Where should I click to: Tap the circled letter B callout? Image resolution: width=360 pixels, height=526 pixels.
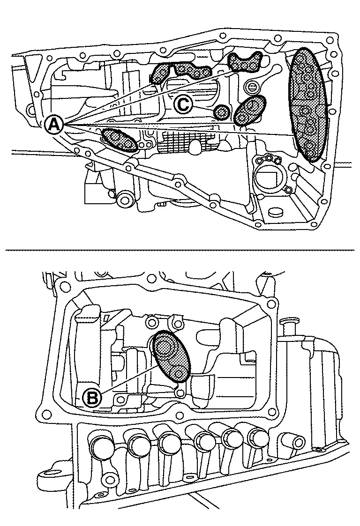(x=92, y=398)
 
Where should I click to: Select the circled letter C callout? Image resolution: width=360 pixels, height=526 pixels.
(x=183, y=104)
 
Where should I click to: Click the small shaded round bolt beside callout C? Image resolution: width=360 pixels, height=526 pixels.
(x=221, y=112)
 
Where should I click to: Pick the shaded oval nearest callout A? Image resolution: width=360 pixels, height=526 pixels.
(x=120, y=140)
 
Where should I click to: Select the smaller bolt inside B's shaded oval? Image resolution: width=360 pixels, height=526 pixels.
(x=178, y=373)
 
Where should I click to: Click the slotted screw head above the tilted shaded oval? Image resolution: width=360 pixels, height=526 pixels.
(x=252, y=87)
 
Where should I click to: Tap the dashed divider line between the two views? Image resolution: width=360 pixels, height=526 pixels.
(x=180, y=250)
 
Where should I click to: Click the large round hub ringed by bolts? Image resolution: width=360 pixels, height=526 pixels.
(x=269, y=177)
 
